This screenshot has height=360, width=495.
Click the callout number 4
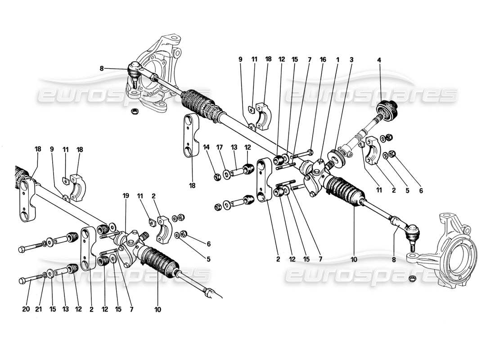(379, 59)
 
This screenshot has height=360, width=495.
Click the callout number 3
(351, 59)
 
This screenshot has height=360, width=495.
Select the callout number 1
(337, 59)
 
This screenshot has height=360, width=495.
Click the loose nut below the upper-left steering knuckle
(134, 111)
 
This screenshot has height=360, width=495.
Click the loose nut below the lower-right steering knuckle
(412, 279)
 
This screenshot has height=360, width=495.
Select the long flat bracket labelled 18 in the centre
(189, 135)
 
